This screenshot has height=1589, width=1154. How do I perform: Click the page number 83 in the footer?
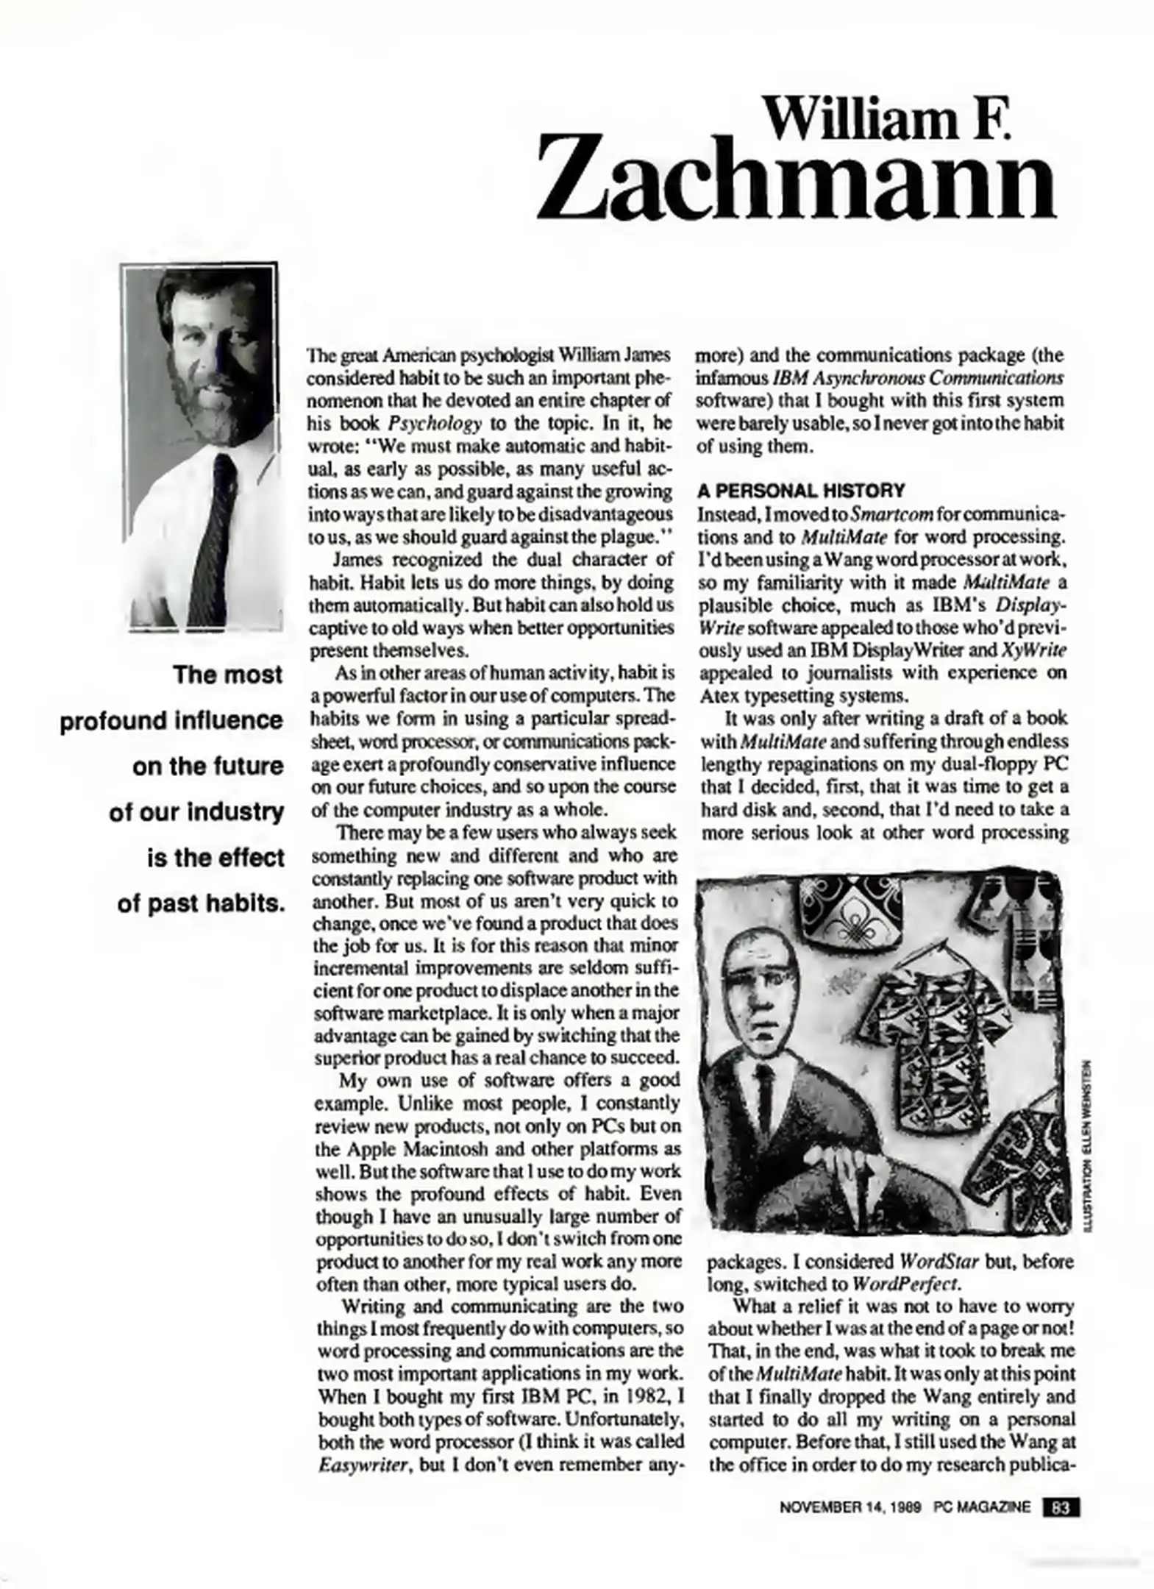point(1061,1507)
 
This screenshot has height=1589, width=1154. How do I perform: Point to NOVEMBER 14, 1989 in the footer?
point(850,1507)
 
